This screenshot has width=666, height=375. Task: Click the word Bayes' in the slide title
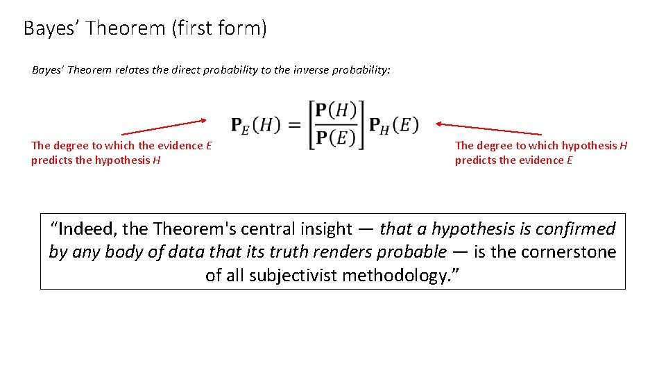(x=53, y=28)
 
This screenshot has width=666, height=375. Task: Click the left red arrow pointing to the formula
(x=164, y=126)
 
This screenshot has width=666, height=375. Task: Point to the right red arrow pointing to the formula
(x=488, y=128)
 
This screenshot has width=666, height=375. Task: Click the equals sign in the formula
(x=294, y=125)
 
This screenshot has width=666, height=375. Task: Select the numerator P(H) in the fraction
(x=336, y=111)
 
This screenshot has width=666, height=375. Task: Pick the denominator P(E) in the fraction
(x=336, y=137)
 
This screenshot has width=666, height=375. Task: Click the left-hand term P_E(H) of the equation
(x=255, y=125)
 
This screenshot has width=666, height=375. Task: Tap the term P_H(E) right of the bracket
(x=393, y=125)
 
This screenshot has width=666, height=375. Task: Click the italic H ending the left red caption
(x=157, y=160)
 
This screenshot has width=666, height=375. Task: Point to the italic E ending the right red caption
(x=570, y=160)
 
